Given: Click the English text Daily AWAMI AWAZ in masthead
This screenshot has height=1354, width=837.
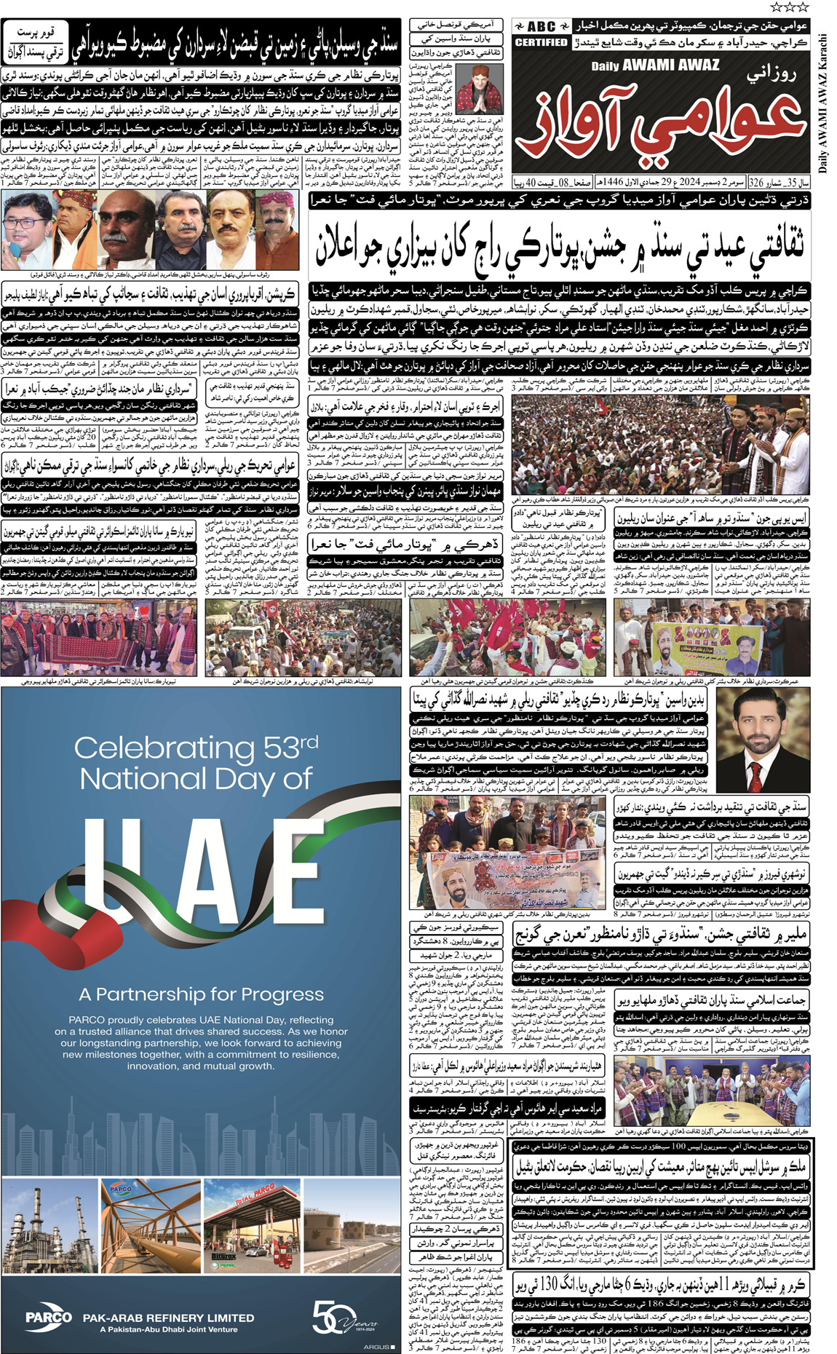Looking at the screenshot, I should point(654,65).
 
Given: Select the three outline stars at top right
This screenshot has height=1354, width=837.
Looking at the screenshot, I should point(789,7).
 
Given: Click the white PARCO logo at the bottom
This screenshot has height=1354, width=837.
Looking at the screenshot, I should point(48,1317).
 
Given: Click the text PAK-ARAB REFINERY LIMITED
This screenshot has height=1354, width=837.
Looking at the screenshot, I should point(168,1318).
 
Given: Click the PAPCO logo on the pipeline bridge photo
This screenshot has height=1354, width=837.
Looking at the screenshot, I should point(121,1189).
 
